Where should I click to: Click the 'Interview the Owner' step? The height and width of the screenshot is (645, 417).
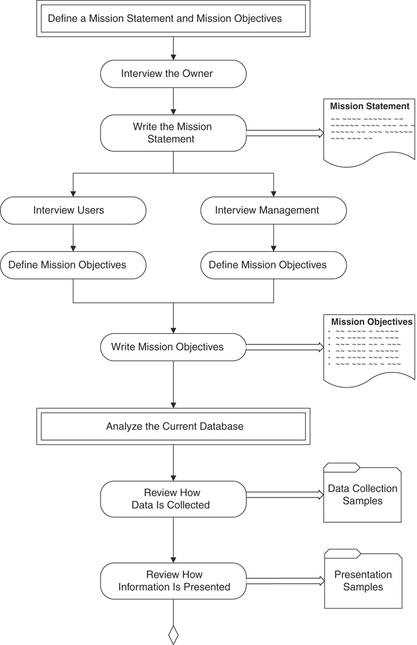[173, 73]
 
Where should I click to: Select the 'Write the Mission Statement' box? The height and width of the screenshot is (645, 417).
[173, 133]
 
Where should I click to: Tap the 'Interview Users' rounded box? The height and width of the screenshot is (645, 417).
[73, 210]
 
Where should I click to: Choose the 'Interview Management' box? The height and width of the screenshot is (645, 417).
[273, 210]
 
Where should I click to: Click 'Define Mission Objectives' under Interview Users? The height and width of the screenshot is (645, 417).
[73, 265]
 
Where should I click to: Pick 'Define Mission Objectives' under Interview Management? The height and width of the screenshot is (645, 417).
[273, 265]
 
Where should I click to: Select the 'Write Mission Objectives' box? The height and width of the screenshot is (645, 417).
[173, 347]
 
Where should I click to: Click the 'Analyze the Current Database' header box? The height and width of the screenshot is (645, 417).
[173, 427]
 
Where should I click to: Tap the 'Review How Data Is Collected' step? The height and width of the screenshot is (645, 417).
[173, 499]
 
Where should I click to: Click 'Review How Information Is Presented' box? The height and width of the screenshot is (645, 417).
[173, 581]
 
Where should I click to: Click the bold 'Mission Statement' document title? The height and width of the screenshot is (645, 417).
[370, 106]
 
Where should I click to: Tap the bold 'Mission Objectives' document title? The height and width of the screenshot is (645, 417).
[371, 322]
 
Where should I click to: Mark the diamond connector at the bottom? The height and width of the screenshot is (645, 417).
[173, 635]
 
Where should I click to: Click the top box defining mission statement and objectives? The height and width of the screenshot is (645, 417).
[173, 19]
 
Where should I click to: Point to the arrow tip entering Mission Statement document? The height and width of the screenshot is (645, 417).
[321, 133]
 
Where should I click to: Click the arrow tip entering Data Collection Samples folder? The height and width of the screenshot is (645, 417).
[321, 494]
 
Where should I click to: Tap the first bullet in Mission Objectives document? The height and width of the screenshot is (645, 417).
[330, 331]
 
